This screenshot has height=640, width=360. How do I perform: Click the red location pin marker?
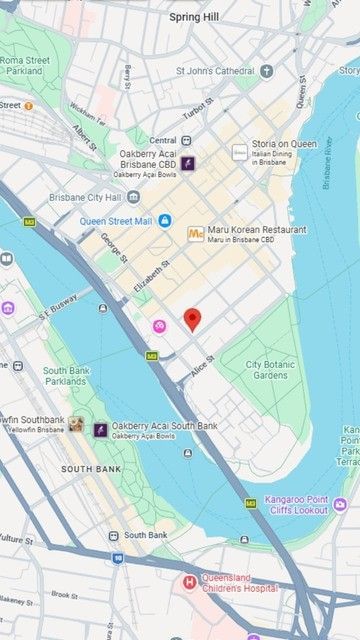pyautogui.click(x=194, y=320)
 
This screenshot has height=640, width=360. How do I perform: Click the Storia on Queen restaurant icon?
pyautogui.click(x=240, y=152)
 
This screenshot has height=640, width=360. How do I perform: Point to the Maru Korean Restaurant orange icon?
pyautogui.click(x=196, y=234)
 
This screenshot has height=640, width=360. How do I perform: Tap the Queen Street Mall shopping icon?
pyautogui.click(x=165, y=220)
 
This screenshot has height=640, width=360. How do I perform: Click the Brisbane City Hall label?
pyautogui.click(x=84, y=197)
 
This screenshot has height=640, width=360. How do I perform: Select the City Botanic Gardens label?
pyautogui.click(x=267, y=369)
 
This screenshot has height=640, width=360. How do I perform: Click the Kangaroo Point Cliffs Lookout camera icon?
pyautogui.click(x=340, y=504)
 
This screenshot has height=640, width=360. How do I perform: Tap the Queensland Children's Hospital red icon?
pyautogui.click(x=189, y=583)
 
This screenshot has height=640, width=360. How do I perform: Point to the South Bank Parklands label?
pyautogui.click(x=65, y=375)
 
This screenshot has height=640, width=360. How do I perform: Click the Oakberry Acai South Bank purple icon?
pyautogui.click(x=100, y=430)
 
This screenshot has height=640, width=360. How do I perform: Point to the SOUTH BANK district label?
pyautogui.click(x=90, y=469)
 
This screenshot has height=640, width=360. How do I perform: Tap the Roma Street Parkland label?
pyautogui.click(x=25, y=66)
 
